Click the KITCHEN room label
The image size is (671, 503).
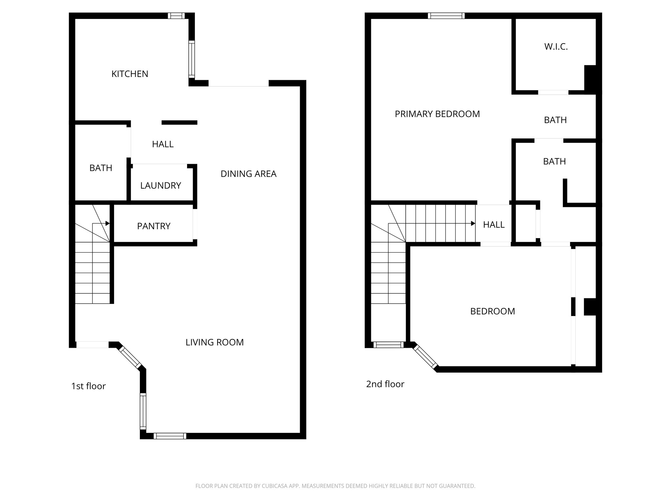tap(130, 74)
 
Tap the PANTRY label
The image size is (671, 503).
tap(154, 226)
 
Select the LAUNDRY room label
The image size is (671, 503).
tap(161, 186)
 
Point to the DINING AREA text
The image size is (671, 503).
tap(248, 174)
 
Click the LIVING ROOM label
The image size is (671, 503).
tap(215, 342)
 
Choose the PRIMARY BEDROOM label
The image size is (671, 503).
tap(437, 114)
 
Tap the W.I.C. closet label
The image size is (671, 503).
tap(556, 47)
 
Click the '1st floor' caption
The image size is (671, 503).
tap(88, 386)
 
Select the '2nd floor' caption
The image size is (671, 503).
tap(385, 384)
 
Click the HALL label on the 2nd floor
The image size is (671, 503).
tap(494, 225)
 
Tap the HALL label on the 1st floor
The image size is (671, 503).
tap(163, 144)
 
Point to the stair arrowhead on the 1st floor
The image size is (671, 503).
tap(107, 223)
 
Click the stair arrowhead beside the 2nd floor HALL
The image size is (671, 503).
tap(473, 223)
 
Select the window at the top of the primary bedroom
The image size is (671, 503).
tap(446, 16)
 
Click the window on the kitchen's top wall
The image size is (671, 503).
tap(176, 16)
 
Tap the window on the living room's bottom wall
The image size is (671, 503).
tap(170, 436)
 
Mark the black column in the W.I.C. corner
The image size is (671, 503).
tap(590, 78)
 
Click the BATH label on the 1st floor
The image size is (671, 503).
tap(101, 168)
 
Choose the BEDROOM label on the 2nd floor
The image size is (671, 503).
tap(492, 311)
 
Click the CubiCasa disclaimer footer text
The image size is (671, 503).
tap(335, 486)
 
